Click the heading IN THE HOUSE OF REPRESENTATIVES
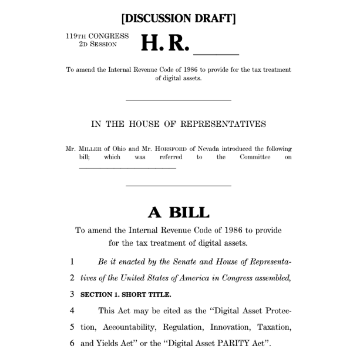[x=179, y=124]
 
